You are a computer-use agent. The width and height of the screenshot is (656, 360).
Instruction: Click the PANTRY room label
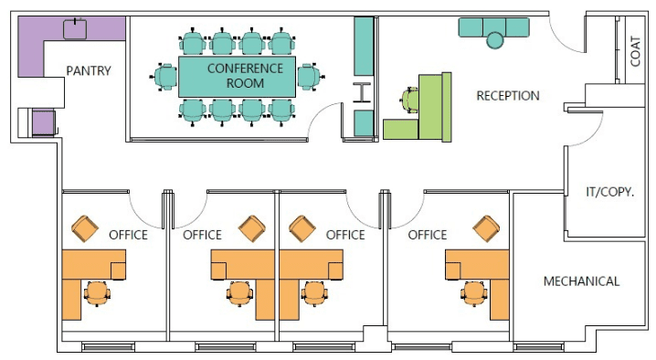click(89, 70)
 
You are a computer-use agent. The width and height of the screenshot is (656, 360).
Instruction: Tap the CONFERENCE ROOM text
click(245, 75)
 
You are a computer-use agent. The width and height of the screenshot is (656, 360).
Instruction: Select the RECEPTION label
click(508, 96)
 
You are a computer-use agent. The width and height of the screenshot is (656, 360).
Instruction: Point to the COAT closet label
click(636, 51)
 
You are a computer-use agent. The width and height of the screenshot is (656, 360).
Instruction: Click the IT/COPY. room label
click(610, 192)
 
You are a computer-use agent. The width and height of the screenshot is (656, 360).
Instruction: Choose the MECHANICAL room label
click(581, 281)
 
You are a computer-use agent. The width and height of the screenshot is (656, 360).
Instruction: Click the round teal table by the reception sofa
click(495, 40)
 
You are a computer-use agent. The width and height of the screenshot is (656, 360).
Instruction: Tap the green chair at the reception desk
click(409, 100)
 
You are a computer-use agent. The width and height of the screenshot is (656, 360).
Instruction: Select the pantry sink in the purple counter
click(75, 29)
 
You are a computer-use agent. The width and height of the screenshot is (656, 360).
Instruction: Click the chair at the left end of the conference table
click(164, 77)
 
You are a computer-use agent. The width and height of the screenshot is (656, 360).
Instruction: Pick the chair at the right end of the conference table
click(310, 77)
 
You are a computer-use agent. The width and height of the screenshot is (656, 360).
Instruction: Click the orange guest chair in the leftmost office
click(84, 228)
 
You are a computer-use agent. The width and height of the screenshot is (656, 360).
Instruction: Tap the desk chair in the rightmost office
click(474, 293)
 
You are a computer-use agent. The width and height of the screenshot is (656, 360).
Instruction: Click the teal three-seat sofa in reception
click(494, 27)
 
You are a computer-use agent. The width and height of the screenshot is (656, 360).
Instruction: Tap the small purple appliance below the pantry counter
click(43, 122)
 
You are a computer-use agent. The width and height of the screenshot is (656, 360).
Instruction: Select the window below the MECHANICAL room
click(539, 346)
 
